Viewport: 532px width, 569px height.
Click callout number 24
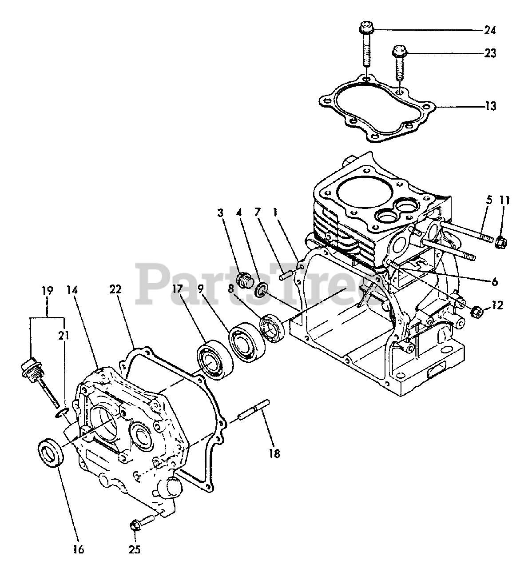(x=490, y=31)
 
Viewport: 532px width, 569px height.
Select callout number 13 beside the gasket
(x=490, y=107)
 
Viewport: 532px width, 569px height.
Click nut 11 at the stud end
(x=501, y=242)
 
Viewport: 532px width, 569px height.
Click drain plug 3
(x=244, y=280)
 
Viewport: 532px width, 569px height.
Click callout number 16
(x=78, y=549)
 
